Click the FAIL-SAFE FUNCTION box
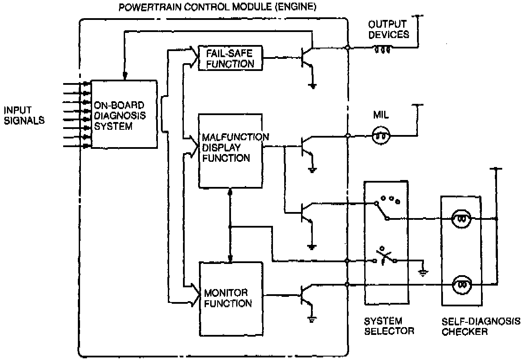point(230,58)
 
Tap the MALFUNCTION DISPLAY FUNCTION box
point(230,147)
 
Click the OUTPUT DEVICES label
point(388,29)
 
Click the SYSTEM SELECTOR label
point(388,326)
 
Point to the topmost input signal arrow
point(76,84)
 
